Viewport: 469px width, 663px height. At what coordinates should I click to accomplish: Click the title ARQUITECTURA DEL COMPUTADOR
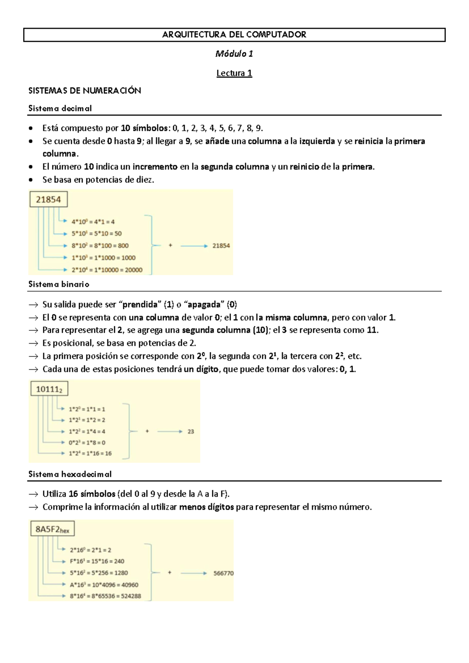234,35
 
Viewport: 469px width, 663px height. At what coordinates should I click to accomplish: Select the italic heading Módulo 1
234,54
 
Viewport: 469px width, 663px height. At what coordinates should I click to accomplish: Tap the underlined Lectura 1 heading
234,73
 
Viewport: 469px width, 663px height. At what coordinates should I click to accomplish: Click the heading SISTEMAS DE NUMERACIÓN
84,91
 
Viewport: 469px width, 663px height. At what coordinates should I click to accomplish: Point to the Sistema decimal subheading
60,108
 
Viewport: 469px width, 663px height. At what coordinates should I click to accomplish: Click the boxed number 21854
48,199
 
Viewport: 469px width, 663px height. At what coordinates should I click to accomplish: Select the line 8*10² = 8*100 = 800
100,245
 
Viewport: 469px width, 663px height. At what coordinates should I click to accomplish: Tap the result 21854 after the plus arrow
221,245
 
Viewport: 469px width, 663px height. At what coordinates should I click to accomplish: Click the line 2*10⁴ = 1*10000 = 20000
107,270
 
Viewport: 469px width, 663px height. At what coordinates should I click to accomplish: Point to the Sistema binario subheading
59,284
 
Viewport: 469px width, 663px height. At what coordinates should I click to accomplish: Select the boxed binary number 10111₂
49,389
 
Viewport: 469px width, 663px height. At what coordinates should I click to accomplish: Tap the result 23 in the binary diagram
191,432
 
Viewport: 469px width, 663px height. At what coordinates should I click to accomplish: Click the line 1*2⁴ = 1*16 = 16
90,453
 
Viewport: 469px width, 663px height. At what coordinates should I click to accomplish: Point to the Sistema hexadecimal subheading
70,474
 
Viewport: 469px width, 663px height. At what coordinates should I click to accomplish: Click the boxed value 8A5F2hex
52,529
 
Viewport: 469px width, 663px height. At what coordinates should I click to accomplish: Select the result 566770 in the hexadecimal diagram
224,573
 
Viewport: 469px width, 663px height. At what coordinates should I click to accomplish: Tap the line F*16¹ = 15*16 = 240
97,561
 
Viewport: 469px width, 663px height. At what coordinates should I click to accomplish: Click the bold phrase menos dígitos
206,507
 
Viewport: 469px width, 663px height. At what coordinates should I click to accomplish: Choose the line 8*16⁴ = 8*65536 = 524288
106,596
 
